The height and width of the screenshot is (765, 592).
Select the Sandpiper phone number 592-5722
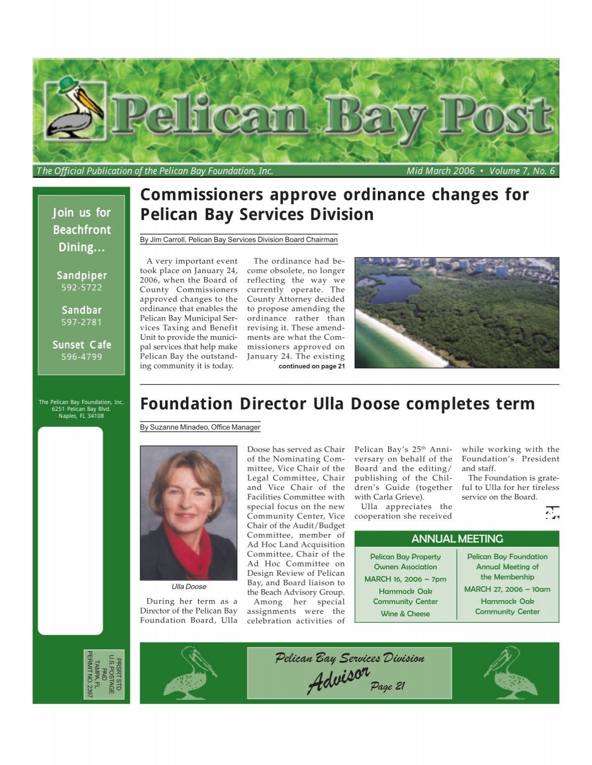pyautogui.click(x=81, y=287)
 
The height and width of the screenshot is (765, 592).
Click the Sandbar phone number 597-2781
pyautogui.click(x=81, y=322)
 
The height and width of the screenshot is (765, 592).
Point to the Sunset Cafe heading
pyautogui.click(x=82, y=345)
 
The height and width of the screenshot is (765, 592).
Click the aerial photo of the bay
pyautogui.click(x=457, y=313)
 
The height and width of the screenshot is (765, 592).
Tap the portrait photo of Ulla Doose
pyautogui.click(x=188, y=513)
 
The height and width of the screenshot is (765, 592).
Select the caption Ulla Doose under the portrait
pyautogui.click(x=188, y=587)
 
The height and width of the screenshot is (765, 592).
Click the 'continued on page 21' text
pyautogui.click(x=311, y=366)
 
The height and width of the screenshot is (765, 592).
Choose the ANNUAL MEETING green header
pyautogui.click(x=457, y=538)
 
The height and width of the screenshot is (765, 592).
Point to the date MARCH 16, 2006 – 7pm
pyautogui.click(x=405, y=579)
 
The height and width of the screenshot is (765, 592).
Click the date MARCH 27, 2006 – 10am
pyautogui.click(x=507, y=589)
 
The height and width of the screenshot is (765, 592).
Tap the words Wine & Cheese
pyautogui.click(x=405, y=613)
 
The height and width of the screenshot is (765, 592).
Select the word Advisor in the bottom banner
pyautogui.click(x=339, y=680)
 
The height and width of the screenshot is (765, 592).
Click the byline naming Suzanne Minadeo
pyautogui.click(x=200, y=427)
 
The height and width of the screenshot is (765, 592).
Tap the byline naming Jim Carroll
pyautogui.click(x=239, y=240)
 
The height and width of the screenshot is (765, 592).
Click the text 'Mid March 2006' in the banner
pyautogui.click(x=440, y=171)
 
